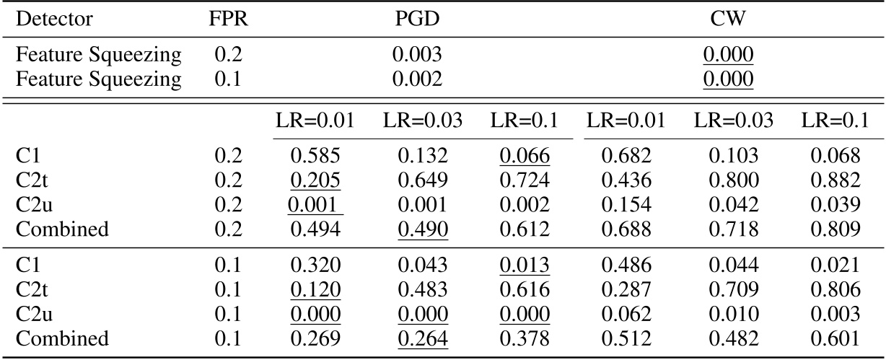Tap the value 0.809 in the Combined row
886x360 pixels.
[x=839, y=230]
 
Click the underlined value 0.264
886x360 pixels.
[x=423, y=338]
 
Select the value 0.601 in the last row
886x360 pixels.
[x=839, y=338]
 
